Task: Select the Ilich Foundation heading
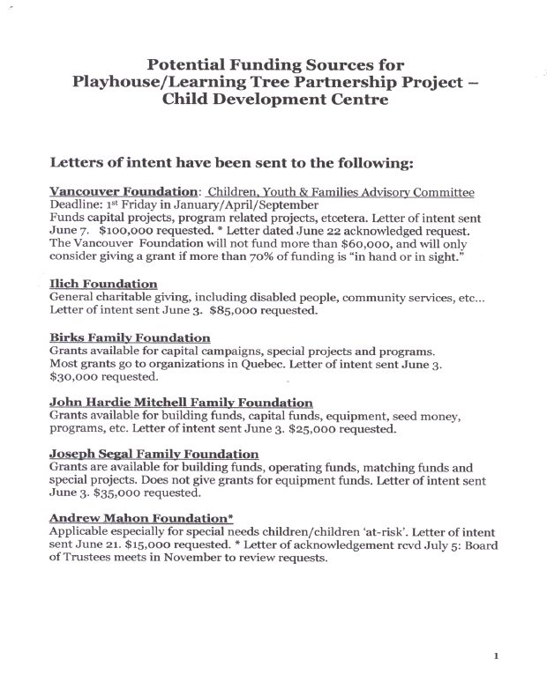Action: [103, 284]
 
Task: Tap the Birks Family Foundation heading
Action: [130, 338]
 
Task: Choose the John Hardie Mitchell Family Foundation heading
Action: [181, 403]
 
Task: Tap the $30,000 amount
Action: [76, 377]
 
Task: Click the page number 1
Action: [497, 656]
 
